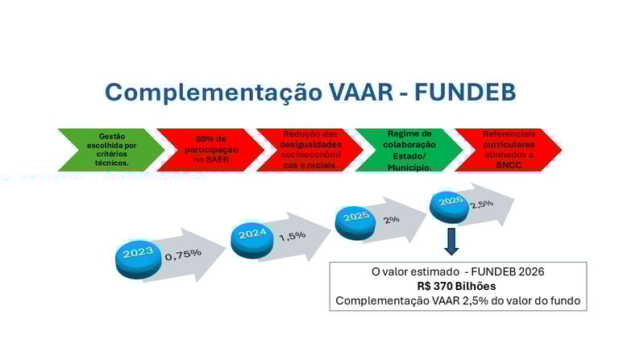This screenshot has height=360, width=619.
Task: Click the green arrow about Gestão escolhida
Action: point(110,150)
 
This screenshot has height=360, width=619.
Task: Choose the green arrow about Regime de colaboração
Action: point(409,150)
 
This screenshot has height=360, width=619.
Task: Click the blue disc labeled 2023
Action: point(138,255)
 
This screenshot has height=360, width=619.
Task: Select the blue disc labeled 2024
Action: point(253,237)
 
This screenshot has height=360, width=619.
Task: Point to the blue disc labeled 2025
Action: point(357,218)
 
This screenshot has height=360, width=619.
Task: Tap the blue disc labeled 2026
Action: point(451,203)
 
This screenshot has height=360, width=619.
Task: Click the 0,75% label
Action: point(183,254)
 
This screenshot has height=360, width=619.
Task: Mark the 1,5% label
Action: point(293,237)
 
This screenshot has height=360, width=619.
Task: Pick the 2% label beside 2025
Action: point(392,219)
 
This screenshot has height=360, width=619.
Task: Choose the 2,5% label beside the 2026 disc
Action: point(481,204)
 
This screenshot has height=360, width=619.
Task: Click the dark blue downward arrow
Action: point(451,241)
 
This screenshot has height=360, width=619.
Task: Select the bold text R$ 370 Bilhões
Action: point(458,287)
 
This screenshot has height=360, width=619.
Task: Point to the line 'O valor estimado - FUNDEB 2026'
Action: point(458,272)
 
